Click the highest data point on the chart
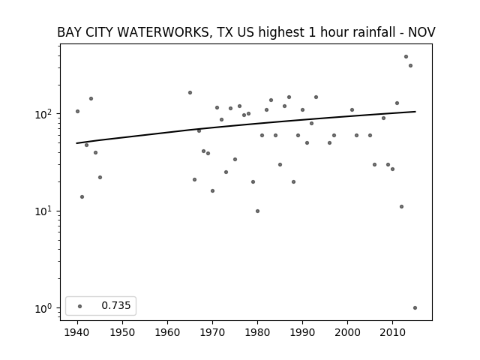406,57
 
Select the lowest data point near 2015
415,308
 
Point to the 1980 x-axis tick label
257,332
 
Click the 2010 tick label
392,332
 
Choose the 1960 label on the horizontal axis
167,332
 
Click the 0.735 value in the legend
116,305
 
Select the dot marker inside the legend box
80,306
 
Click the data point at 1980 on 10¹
257,211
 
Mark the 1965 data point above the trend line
190,93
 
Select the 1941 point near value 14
82,196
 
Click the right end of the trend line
415,112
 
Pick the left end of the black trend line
76,143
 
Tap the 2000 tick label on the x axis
347,332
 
